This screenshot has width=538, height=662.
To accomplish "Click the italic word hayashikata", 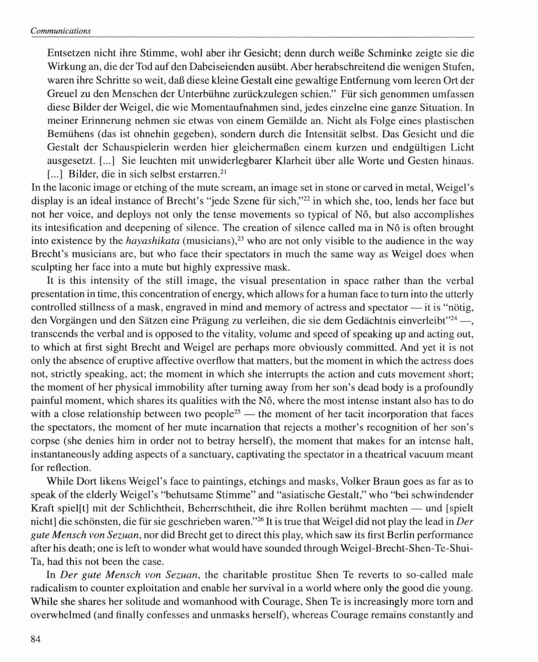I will pyautogui.click(x=153, y=241).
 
